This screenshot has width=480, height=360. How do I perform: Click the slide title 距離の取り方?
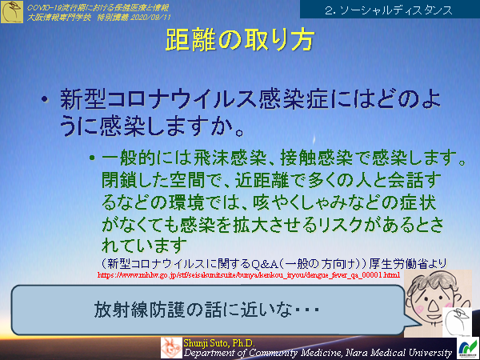239,42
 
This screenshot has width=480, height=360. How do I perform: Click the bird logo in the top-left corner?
13,13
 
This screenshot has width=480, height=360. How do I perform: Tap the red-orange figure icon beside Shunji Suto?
170,346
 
